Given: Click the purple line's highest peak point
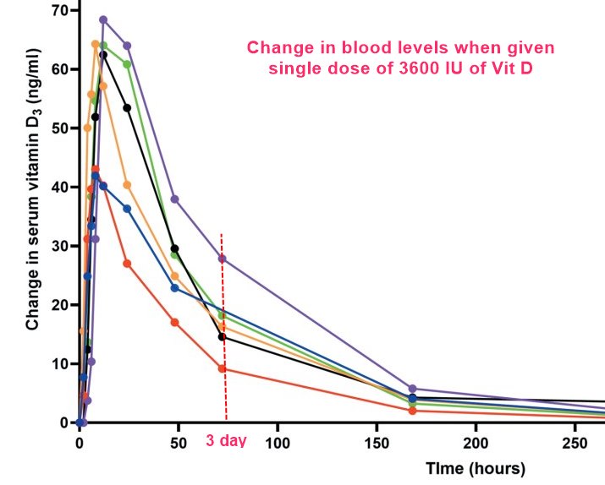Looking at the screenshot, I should click(x=103, y=19).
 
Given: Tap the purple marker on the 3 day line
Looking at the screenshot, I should click(x=223, y=259).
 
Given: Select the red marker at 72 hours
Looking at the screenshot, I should click(x=222, y=368).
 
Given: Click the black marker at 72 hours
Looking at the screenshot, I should click(x=222, y=337).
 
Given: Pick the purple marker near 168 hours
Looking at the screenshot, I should click(x=412, y=389).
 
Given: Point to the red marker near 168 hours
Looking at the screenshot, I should click(x=412, y=411).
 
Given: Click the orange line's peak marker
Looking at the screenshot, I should click(x=96, y=44).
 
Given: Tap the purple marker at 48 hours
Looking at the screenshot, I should click(x=175, y=199).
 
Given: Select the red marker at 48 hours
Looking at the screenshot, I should click(x=174, y=322).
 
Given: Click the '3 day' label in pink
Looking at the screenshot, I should click(x=226, y=441).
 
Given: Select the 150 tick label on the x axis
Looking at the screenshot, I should click(x=377, y=441).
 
